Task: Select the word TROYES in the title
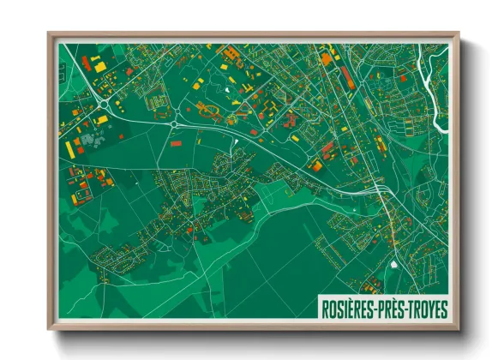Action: pos(425,307)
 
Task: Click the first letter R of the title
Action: pos(325,307)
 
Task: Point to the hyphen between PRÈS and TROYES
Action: pos(406,307)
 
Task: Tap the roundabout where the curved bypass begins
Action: pos(174,123)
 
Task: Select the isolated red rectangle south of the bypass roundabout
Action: pos(176,143)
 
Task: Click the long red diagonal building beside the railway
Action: pos(347,77)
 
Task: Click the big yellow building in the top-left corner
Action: pos(99,65)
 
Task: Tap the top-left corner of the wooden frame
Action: pos(49,33)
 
